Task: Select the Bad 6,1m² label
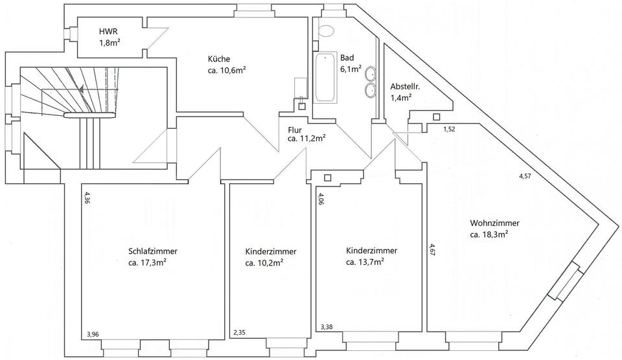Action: [351, 63]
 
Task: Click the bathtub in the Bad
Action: [325, 78]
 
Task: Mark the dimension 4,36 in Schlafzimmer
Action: [87, 197]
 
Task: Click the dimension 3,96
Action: [93, 335]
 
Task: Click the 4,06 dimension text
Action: [320, 198]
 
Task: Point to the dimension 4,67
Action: [432, 249]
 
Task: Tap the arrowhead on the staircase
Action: [81, 85]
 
